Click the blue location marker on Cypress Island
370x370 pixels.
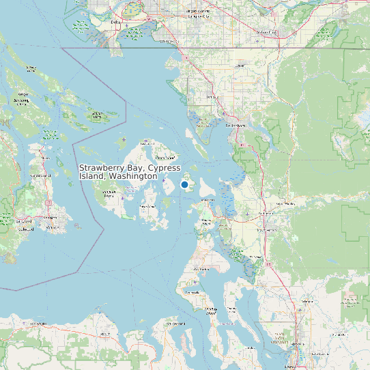tap(184, 184)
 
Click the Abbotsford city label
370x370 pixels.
tap(266, 32)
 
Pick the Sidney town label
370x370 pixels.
tap(46, 175)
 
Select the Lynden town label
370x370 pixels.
tap(240, 66)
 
